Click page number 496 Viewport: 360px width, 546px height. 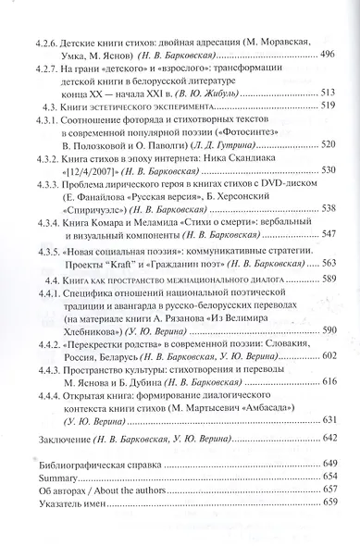click(x=324, y=56)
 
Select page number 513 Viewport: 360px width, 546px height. click(x=324, y=94)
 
